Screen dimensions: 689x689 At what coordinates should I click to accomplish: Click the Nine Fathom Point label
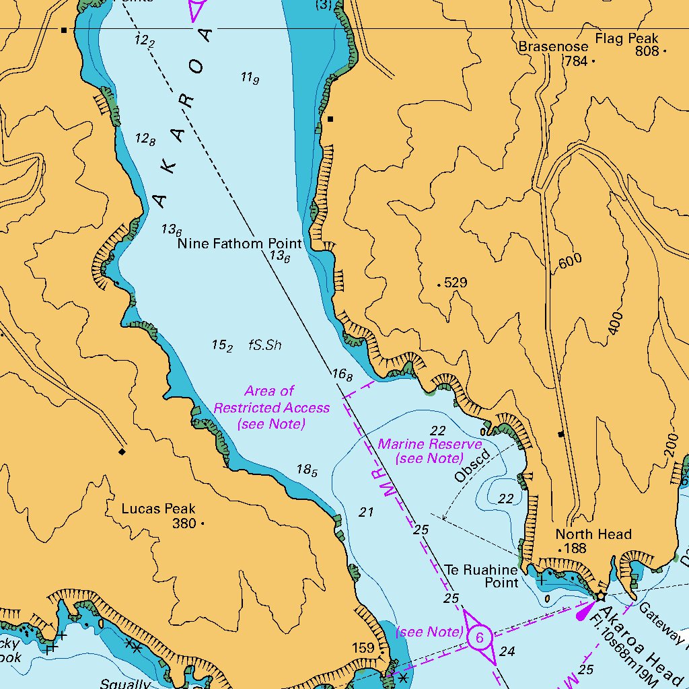click(x=240, y=243)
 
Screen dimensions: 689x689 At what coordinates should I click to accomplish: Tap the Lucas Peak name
click(x=159, y=509)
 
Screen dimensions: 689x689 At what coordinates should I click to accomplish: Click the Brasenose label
click(x=553, y=46)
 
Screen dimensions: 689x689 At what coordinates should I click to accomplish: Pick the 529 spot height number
click(x=456, y=283)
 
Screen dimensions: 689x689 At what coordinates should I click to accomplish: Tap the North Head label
click(x=593, y=534)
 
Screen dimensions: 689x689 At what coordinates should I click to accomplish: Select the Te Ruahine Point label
click(x=482, y=575)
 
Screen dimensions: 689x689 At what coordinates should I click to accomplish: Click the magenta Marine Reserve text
click(x=430, y=451)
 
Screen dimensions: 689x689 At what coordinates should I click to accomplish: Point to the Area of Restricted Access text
click(x=271, y=407)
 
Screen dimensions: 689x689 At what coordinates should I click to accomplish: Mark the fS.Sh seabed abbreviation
click(x=264, y=345)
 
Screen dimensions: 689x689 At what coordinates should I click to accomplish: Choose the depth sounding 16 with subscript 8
click(x=341, y=375)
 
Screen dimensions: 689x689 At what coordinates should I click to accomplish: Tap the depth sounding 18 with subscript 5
click(x=307, y=470)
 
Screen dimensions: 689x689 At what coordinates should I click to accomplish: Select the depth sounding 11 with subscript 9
click(x=250, y=78)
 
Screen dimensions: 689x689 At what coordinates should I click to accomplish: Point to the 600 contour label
click(x=570, y=262)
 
